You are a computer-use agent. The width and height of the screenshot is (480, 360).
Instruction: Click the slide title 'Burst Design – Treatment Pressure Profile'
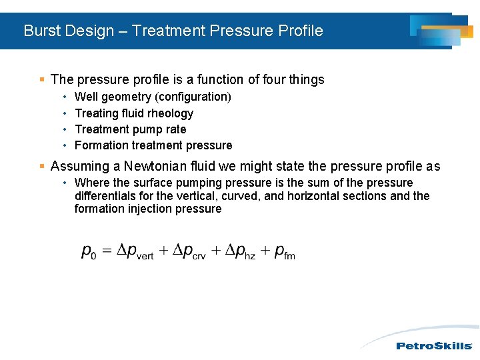click(x=173, y=31)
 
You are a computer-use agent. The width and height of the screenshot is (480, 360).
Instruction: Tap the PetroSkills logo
click(x=434, y=345)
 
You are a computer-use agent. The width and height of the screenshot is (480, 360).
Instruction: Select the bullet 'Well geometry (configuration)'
click(x=153, y=97)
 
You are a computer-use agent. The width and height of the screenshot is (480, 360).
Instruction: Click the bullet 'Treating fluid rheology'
click(x=134, y=113)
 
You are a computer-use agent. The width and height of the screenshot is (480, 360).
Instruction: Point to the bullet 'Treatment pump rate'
click(x=130, y=129)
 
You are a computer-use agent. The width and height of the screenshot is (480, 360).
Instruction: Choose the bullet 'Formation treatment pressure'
click(x=153, y=145)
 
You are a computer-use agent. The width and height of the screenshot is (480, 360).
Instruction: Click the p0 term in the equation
click(x=89, y=251)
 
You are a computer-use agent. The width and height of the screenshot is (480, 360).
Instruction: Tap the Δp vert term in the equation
click(x=135, y=251)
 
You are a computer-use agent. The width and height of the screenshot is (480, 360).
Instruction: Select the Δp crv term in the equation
click(x=189, y=251)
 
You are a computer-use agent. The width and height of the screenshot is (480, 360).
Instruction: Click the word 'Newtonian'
click(x=153, y=167)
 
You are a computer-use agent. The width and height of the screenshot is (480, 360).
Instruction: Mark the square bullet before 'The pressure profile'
click(x=42, y=80)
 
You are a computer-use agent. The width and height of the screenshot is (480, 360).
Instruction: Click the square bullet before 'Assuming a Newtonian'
click(x=42, y=167)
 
